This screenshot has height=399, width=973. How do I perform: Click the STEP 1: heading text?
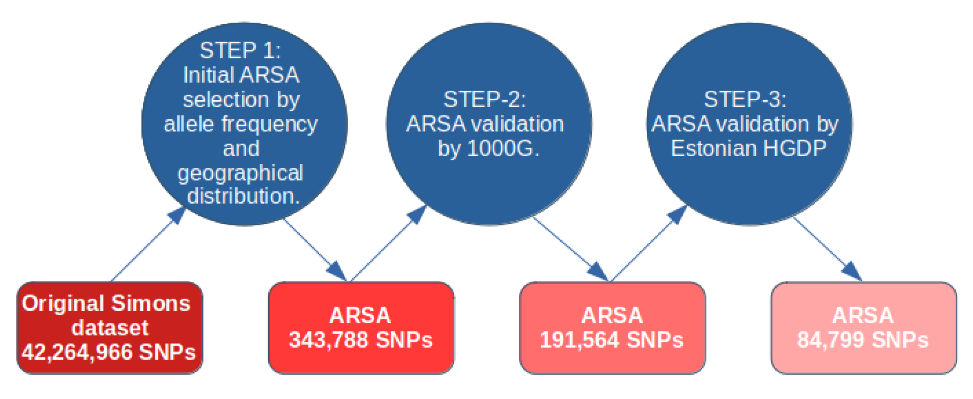(x=240, y=51)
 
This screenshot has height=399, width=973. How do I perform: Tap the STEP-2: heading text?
(x=485, y=99)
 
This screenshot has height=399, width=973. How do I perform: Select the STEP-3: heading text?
(x=745, y=99)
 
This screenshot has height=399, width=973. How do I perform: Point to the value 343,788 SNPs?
(x=360, y=340)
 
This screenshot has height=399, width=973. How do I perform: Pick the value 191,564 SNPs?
(x=611, y=340)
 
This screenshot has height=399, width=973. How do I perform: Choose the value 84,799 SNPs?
(x=863, y=340)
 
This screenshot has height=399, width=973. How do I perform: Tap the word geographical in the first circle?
(x=240, y=173)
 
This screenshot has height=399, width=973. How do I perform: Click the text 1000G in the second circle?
(x=502, y=149)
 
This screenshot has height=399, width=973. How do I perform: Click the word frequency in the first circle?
(x=270, y=124)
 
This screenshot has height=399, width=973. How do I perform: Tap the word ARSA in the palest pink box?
(x=863, y=315)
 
